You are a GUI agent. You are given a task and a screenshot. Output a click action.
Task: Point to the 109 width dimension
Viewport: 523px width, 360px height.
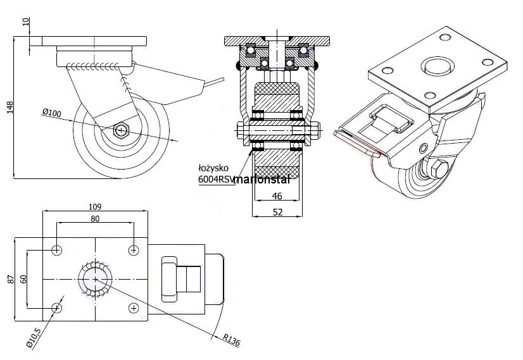coord(95,206)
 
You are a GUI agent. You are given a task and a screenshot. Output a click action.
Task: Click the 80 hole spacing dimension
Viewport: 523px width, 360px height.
coord(95,219)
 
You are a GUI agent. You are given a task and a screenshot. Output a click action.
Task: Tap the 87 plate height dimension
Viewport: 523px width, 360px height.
coord(9,279)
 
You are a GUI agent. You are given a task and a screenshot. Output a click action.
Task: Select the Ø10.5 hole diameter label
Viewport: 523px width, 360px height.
coord(34,337)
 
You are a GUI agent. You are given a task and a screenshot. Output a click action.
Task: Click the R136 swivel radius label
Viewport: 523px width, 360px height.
coord(232,342)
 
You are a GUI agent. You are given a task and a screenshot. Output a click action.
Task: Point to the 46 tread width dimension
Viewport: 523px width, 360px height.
coord(277,196)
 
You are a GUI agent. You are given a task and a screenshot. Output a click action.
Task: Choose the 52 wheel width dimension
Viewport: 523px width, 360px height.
coord(277,213)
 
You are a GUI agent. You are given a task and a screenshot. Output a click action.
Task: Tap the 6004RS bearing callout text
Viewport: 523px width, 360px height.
coord(216,180)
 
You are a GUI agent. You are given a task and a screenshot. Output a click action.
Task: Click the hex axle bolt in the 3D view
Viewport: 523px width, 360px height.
coord(439,170)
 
